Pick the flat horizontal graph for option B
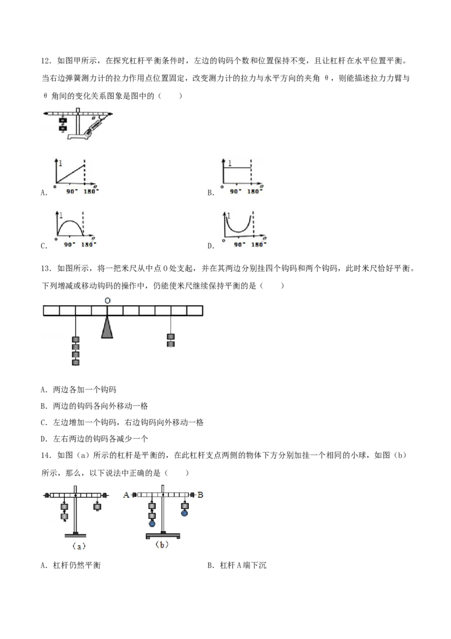[236, 167]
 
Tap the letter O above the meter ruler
[108, 301]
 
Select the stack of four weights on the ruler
[76, 351]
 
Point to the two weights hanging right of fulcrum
[171, 341]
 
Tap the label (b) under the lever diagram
[162, 545]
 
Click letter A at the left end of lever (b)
[126, 494]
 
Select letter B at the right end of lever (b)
[200, 494]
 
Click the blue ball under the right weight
[184, 513]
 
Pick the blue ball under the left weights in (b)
[152, 523]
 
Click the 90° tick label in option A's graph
[71, 191]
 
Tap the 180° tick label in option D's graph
[258, 244]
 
